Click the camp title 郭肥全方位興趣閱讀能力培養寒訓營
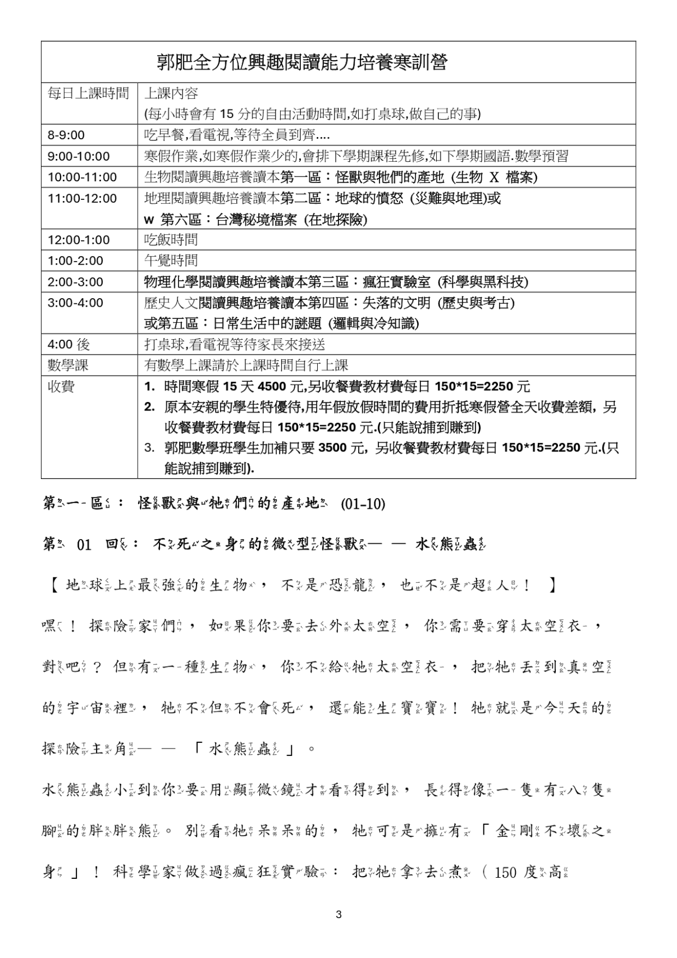click(x=301, y=62)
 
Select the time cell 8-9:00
click(x=66, y=135)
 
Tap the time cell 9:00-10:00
click(x=79, y=156)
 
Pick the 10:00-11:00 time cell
click(x=82, y=177)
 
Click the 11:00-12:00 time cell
click(x=82, y=198)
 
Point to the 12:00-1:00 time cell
click(x=79, y=240)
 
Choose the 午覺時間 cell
click(x=171, y=261)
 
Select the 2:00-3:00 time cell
click(x=75, y=282)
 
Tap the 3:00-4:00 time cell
click(x=75, y=303)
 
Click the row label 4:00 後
click(x=68, y=344)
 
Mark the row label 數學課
click(x=68, y=366)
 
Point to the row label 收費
click(x=61, y=387)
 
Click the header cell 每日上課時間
click(x=88, y=93)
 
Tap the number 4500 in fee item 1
click(x=272, y=387)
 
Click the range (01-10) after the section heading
click(x=363, y=504)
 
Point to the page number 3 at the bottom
click(x=339, y=914)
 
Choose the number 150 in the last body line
click(x=505, y=873)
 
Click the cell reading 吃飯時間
click(x=171, y=240)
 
